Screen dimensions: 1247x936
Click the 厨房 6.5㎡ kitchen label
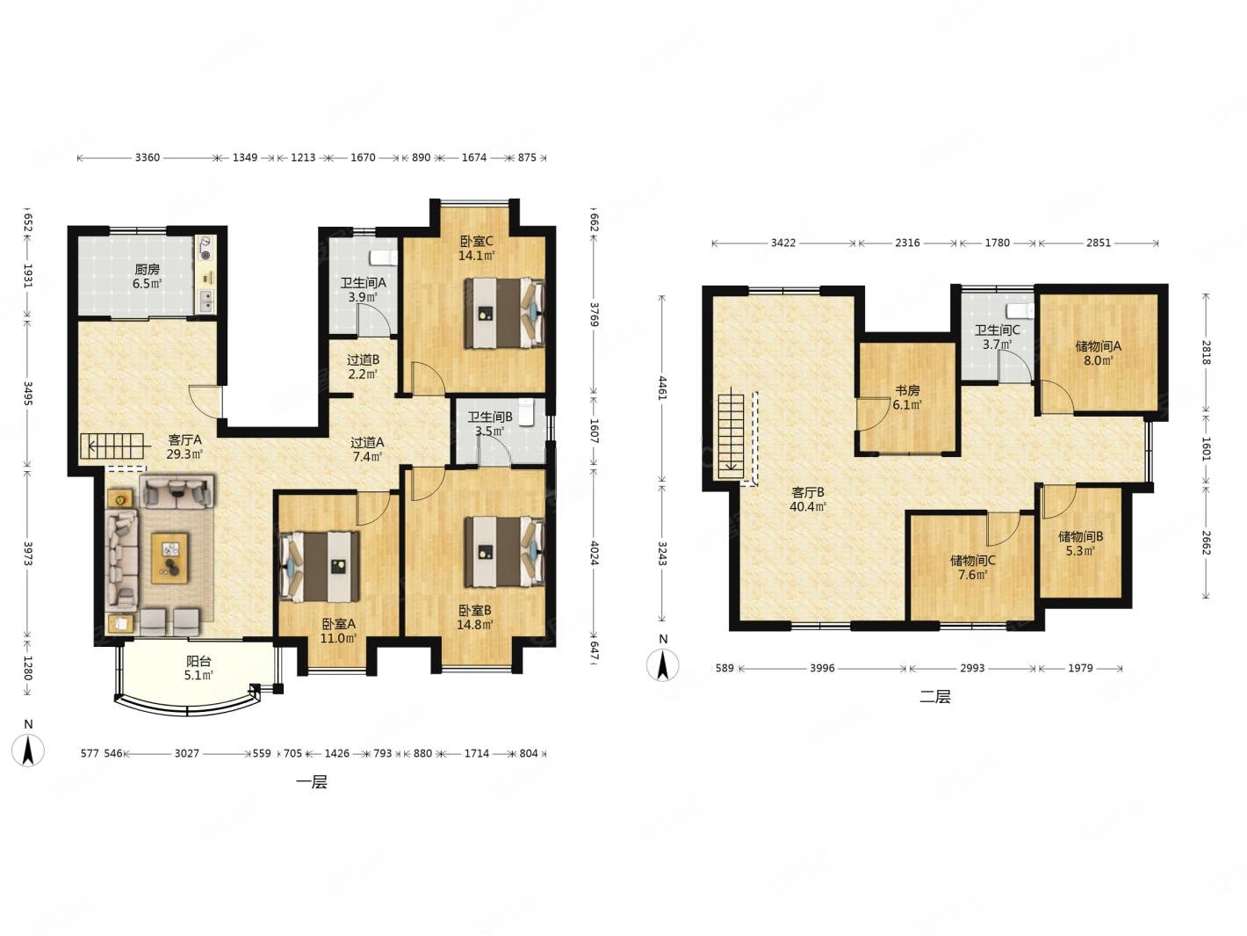pyautogui.click(x=147, y=276)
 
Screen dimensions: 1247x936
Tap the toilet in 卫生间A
pyautogui.click(x=384, y=258)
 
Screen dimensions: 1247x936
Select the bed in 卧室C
pyautogui.click(x=504, y=313)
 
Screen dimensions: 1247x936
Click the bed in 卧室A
pyautogui.click(x=320, y=567)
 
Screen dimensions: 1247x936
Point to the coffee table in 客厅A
pyautogui.click(x=169, y=557)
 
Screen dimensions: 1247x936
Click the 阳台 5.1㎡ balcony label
pyautogui.click(x=199, y=668)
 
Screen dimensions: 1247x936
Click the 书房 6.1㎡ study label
pyautogui.click(x=906, y=398)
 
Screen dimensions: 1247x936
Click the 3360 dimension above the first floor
pyautogui.click(x=148, y=157)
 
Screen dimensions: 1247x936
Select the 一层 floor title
pyautogui.click(x=312, y=782)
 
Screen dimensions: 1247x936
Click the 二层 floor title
pyautogui.click(x=935, y=697)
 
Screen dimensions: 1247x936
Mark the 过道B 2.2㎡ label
pyautogui.click(x=363, y=366)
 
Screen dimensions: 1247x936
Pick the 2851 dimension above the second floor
pyautogui.click(x=1099, y=243)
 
